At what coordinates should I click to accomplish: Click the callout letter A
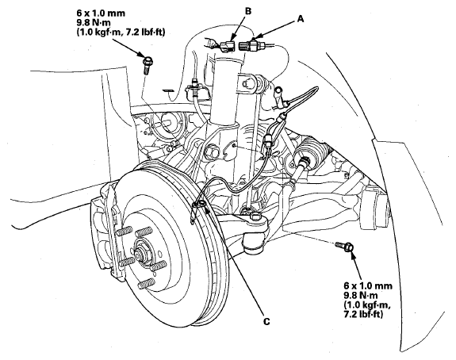(301, 19)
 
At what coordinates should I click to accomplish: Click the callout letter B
(248, 11)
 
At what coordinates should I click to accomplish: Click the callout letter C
(266, 321)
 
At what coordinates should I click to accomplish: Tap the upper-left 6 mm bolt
(148, 66)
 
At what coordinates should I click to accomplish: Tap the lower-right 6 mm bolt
(345, 247)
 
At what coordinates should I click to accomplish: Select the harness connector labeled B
(227, 47)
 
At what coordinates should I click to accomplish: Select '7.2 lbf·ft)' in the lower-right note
(363, 314)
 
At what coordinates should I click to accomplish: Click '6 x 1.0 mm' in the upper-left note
(101, 13)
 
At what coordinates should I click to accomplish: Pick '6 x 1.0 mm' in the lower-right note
(368, 285)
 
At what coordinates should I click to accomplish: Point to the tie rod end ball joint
(254, 238)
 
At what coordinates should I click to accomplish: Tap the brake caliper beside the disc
(106, 224)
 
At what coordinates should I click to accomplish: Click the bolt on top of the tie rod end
(255, 216)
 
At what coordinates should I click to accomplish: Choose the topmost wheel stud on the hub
(144, 232)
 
